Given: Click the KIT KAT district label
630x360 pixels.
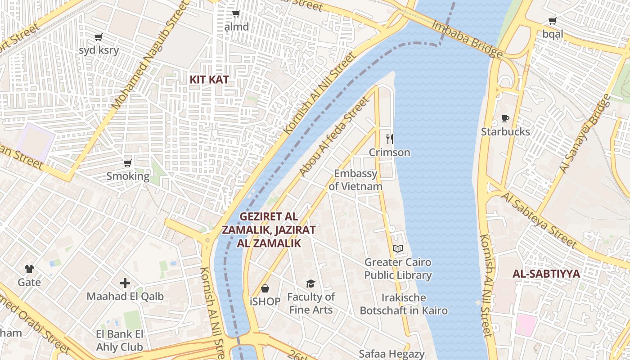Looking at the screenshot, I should (209, 80).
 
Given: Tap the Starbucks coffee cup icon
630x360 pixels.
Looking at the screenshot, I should (505, 119).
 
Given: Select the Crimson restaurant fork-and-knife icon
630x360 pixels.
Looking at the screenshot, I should (390, 139).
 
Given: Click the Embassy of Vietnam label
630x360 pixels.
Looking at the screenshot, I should (355, 180).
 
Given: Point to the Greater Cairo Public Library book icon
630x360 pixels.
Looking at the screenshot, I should (398, 248).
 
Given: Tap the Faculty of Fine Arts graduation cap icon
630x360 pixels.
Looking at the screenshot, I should (310, 283).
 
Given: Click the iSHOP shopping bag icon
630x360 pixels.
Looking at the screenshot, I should (265, 288).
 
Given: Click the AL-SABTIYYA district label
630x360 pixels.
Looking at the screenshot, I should (546, 274).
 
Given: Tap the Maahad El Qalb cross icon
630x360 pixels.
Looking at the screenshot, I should (125, 283).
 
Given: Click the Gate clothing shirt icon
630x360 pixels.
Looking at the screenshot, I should (29, 269).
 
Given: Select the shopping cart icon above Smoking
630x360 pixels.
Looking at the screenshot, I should (128, 163).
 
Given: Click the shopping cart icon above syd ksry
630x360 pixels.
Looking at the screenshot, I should (99, 37).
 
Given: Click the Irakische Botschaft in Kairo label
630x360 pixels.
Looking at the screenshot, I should (404, 304).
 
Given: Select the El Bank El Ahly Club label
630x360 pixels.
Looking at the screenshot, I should (119, 341).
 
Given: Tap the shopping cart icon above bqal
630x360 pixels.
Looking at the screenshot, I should (552, 21).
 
